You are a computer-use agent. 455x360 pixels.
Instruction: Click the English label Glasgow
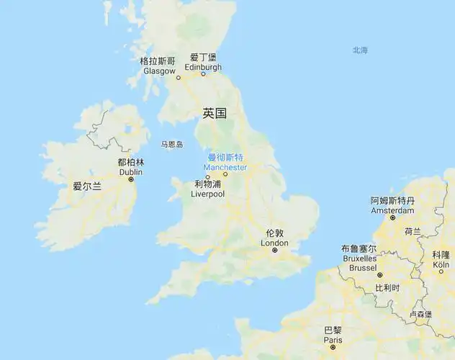[x=159, y=71]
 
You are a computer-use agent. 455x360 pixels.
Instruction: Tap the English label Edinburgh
[x=202, y=67]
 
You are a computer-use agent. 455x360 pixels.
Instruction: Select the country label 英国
[x=215, y=113]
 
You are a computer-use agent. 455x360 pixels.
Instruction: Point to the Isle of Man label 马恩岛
[x=172, y=145]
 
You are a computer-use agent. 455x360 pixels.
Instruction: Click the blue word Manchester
[x=225, y=167]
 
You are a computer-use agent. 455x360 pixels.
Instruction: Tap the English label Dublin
[x=130, y=172]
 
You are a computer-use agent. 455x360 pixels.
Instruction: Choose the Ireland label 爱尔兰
[x=87, y=186]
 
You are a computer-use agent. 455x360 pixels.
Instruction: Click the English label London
[x=274, y=243]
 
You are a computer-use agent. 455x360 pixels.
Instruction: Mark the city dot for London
[x=275, y=251]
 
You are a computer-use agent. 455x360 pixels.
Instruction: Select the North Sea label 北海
[x=360, y=50]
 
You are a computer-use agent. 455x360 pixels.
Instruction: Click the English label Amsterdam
[x=392, y=210]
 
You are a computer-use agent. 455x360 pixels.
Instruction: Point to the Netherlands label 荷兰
[x=413, y=232]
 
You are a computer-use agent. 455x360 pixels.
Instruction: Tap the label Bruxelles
[x=359, y=258]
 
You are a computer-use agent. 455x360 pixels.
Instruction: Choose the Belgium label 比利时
[x=387, y=287]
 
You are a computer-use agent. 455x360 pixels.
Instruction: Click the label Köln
[x=441, y=265]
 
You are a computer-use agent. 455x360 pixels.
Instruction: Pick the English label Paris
[x=333, y=339]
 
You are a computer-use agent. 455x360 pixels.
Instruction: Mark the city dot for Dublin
[x=131, y=179]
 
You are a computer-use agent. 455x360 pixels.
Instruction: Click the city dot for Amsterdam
[x=392, y=217]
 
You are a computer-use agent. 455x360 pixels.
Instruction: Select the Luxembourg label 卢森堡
[x=420, y=315]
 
